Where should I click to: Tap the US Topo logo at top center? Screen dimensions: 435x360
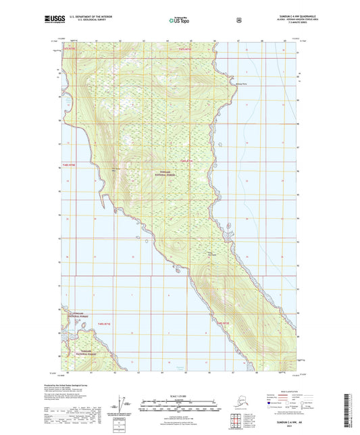click(x=180, y=21)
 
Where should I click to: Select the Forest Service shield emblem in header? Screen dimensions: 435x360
click(x=238, y=20)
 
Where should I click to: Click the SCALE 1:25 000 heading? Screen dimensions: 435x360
click(x=180, y=395)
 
